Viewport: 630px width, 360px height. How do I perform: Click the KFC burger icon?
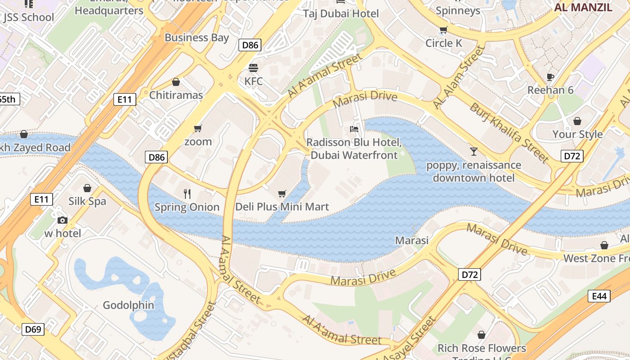253,68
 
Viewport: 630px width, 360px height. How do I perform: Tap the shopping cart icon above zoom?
198,129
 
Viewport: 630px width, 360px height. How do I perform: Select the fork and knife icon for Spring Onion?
187,194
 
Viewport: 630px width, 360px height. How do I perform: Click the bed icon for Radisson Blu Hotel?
354,129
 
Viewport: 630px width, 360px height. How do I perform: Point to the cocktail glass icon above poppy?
473,151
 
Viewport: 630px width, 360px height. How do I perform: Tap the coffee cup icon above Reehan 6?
550,76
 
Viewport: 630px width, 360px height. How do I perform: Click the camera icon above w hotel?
63,220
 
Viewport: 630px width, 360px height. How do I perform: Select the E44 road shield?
599,296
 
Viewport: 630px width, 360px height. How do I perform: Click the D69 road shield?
33,329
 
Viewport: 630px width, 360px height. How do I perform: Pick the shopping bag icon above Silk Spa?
87,188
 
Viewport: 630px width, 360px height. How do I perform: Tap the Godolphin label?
128,305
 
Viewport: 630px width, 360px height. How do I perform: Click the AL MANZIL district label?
583,7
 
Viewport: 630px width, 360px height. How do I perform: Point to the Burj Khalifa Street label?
509,132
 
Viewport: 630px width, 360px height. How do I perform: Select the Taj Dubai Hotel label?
341,13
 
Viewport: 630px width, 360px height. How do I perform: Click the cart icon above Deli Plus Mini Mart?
282,194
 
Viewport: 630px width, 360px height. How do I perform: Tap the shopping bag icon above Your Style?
577,121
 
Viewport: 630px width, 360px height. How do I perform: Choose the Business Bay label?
197,37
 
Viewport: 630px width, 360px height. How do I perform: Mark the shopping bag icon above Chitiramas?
176,82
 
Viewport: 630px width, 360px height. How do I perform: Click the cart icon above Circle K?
444,30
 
